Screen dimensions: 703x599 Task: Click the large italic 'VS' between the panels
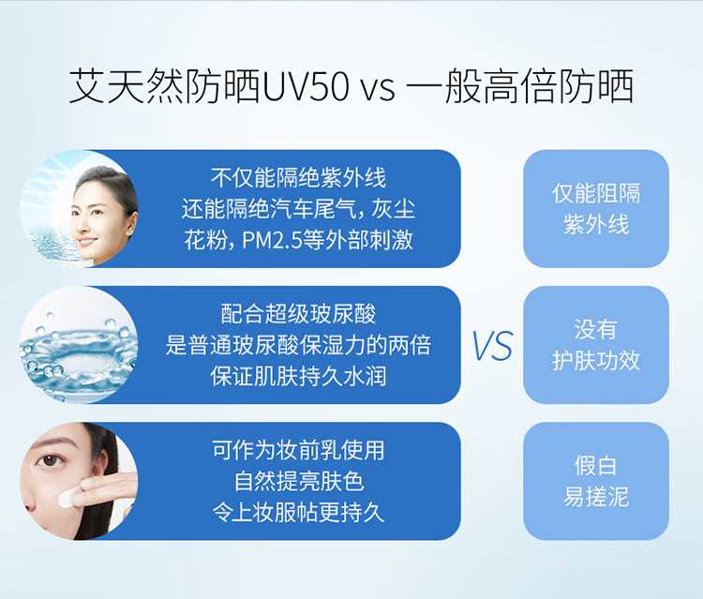[492, 346]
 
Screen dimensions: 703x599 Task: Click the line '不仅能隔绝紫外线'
[298, 177]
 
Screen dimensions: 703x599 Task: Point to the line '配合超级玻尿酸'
[298, 314]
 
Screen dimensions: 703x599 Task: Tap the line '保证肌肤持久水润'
[298, 377]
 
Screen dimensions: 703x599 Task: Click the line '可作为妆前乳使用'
[298, 450]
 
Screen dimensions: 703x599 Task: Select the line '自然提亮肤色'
[299, 482]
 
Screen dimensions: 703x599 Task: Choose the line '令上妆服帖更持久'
[298, 513]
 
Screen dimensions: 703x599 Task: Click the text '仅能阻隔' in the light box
[596, 194]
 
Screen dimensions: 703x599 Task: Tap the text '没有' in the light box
[596, 330]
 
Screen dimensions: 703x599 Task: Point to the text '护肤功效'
[596, 361]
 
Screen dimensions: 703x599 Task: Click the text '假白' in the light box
[596, 466]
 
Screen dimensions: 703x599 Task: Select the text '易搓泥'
[596, 497]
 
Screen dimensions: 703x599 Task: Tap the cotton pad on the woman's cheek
[68, 496]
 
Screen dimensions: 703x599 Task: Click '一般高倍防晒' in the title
[520, 86]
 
